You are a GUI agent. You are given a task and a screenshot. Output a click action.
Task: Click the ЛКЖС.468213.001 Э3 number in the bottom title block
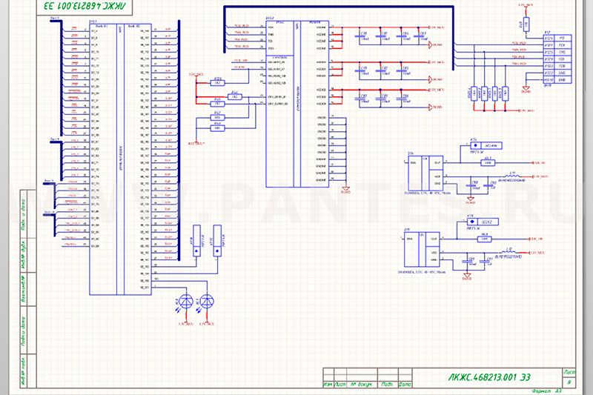[x=486, y=377]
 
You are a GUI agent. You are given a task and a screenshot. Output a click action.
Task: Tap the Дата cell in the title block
[x=405, y=385]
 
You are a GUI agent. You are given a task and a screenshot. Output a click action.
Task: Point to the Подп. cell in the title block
[x=386, y=385]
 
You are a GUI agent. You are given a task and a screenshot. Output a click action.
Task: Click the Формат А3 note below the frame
[x=545, y=391]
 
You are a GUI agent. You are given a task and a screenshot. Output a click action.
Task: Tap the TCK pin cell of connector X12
[x=562, y=45]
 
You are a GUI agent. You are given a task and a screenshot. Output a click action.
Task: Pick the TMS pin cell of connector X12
[x=562, y=53]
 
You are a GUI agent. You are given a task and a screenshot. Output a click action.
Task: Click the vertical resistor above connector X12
[x=525, y=24]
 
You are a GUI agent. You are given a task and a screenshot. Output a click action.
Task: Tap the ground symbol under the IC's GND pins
[x=344, y=188]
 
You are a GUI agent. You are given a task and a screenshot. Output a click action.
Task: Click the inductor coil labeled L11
[x=512, y=176]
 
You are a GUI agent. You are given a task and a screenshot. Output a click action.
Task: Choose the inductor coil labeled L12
[x=508, y=253]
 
